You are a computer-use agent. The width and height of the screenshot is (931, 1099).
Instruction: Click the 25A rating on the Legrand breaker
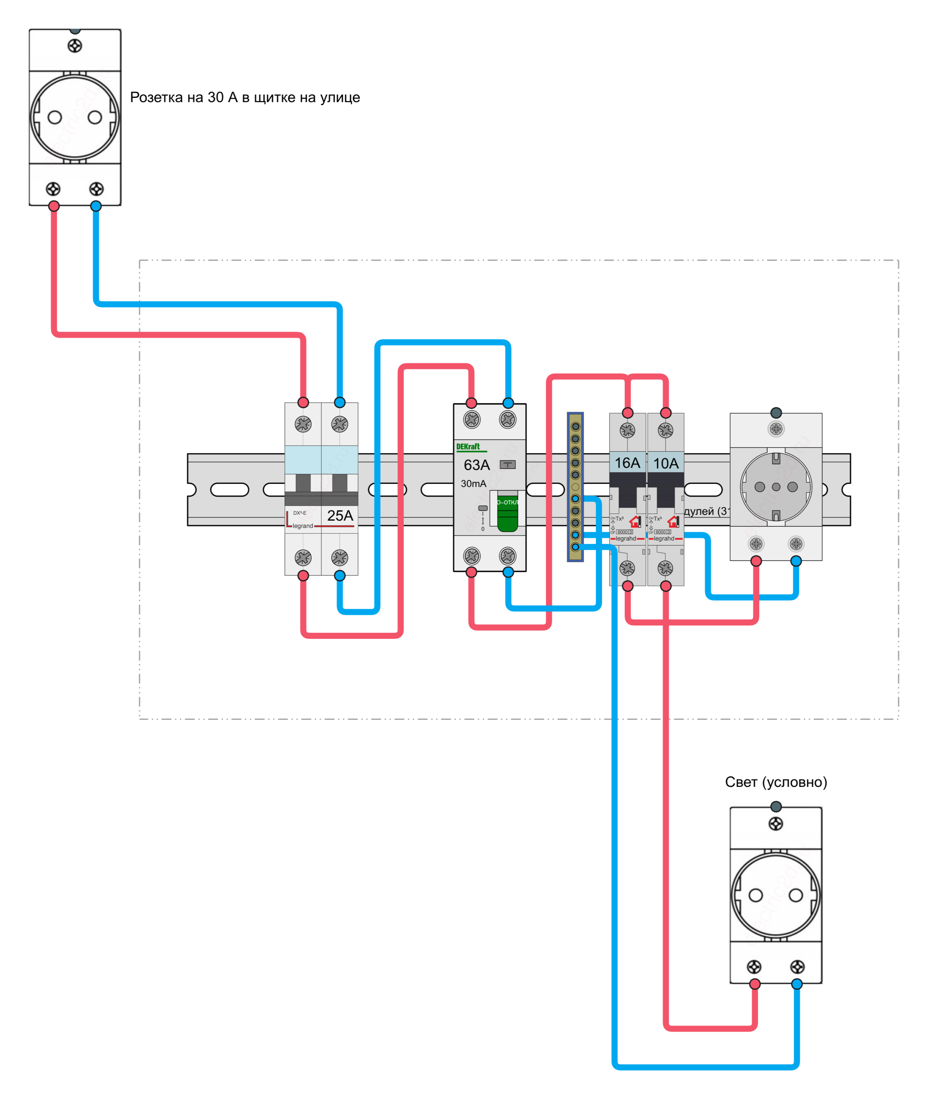[x=340, y=516]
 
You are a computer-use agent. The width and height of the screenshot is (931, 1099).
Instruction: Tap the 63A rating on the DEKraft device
[x=477, y=465]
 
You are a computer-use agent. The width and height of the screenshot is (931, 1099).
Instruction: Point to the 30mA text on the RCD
[x=474, y=483]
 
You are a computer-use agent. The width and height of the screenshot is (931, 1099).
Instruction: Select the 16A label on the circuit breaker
[x=627, y=463]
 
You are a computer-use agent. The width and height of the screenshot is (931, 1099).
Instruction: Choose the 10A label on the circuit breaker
[x=666, y=463]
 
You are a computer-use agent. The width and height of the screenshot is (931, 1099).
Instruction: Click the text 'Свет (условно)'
[x=776, y=782]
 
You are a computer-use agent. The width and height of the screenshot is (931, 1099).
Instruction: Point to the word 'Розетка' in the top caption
[x=156, y=97]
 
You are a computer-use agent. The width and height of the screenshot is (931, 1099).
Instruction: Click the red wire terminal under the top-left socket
[x=54, y=206]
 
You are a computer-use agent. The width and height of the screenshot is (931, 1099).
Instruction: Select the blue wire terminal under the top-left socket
[x=95, y=206]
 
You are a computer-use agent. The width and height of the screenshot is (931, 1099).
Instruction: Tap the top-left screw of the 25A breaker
[x=303, y=424]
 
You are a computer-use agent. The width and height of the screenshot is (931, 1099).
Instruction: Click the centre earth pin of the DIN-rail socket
[x=776, y=487]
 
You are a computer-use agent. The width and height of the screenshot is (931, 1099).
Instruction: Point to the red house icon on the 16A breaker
[x=634, y=521]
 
